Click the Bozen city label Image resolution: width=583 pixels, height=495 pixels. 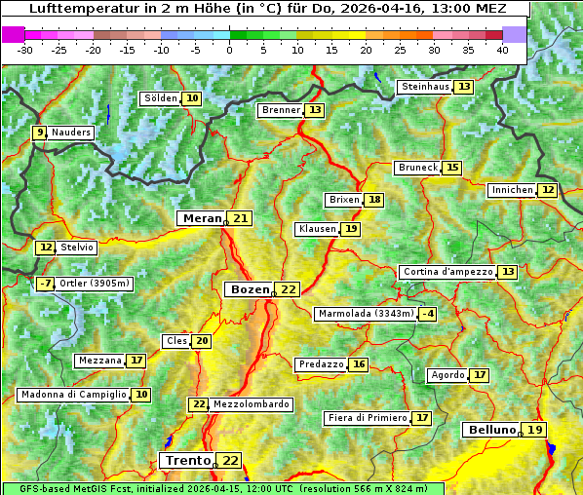[250, 289]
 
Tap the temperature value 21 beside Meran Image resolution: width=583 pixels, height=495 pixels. [240, 218]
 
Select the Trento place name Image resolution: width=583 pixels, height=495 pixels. [187, 460]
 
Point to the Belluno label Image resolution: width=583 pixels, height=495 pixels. [490, 430]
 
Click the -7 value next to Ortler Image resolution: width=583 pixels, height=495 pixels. [45, 284]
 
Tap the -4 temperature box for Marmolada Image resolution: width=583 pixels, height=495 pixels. [427, 314]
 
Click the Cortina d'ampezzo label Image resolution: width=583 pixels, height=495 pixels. [447, 272]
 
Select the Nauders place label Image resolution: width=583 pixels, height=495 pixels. [71, 133]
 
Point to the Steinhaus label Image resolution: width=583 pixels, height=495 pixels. [424, 87]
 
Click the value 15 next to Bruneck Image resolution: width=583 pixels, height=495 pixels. [452, 168]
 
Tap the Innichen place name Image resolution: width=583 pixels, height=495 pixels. [512, 190]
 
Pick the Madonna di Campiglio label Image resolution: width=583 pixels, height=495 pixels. [73, 395]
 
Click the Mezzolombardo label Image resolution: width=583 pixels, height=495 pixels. [251, 404]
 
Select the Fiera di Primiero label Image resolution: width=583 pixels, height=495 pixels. [367, 418]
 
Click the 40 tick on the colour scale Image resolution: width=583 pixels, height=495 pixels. [502, 50]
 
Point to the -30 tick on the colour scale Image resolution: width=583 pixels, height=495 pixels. [25, 50]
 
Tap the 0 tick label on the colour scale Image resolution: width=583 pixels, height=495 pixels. [230, 50]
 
